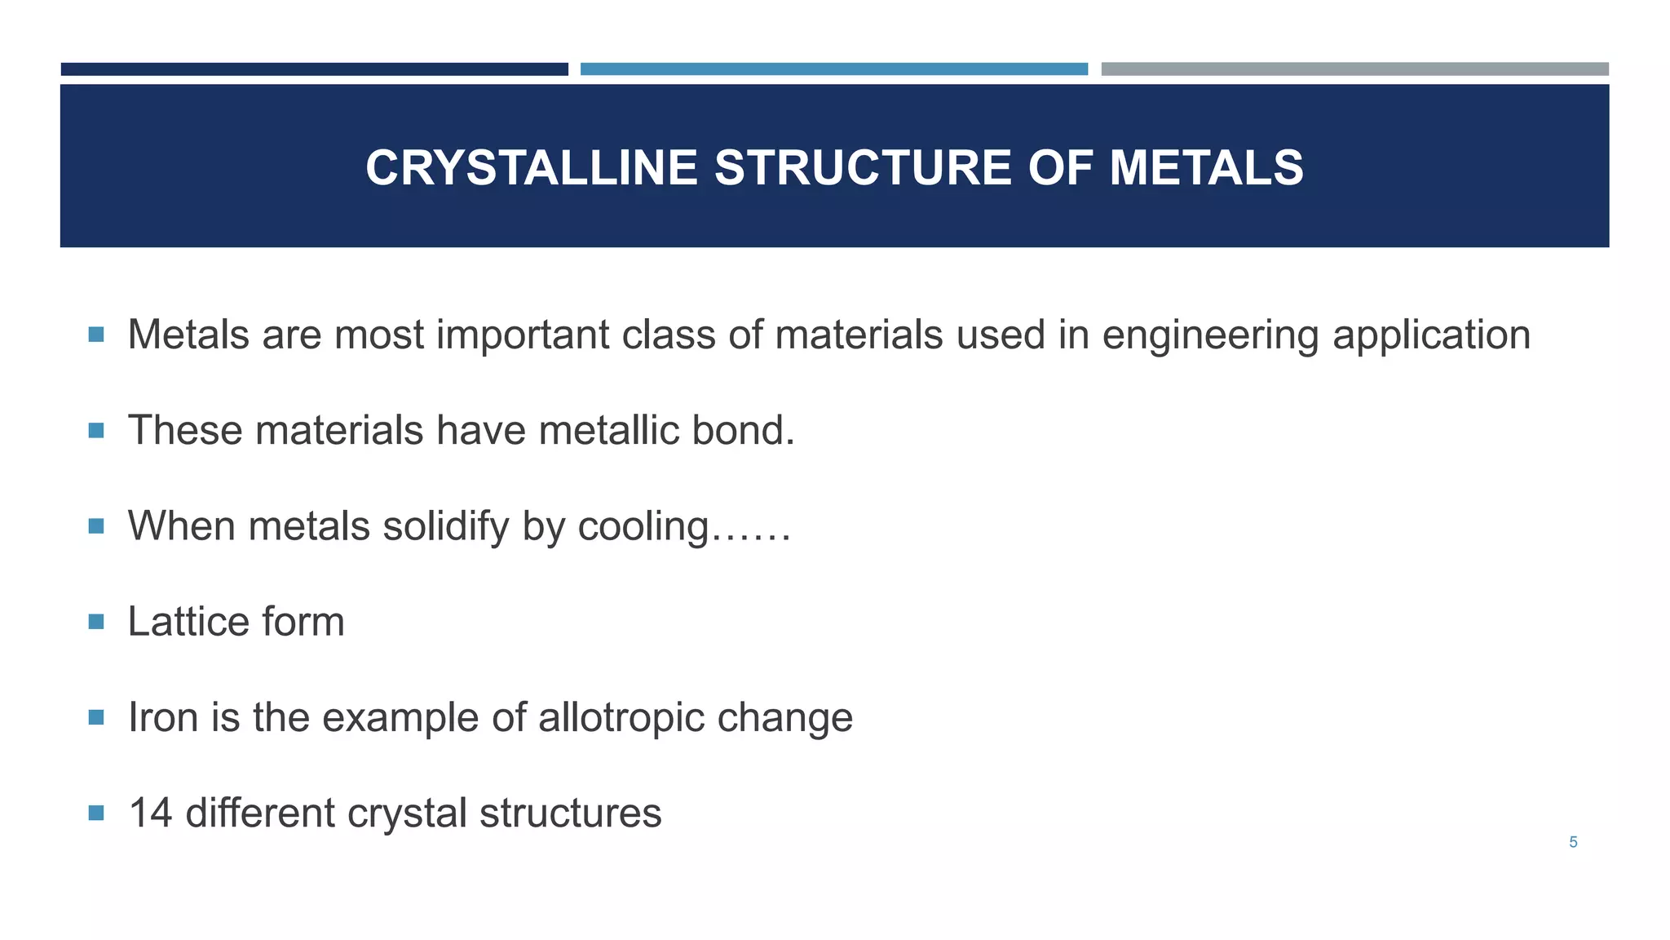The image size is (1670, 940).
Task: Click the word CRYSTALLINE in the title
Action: tap(531, 168)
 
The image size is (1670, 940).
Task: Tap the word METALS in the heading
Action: tap(1206, 168)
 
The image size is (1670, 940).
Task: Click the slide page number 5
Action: tap(1573, 842)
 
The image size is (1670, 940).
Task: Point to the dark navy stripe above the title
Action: tap(314, 69)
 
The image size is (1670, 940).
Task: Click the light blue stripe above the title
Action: tap(833, 69)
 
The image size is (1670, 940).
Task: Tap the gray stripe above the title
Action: tap(1354, 69)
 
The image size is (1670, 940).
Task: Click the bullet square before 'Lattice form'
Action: tap(96, 623)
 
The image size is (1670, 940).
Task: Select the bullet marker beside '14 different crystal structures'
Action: tap(96, 814)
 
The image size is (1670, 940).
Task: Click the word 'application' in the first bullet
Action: tap(1431, 335)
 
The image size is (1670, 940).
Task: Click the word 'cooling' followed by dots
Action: tap(643, 526)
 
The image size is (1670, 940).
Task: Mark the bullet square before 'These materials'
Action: tap(96, 431)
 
